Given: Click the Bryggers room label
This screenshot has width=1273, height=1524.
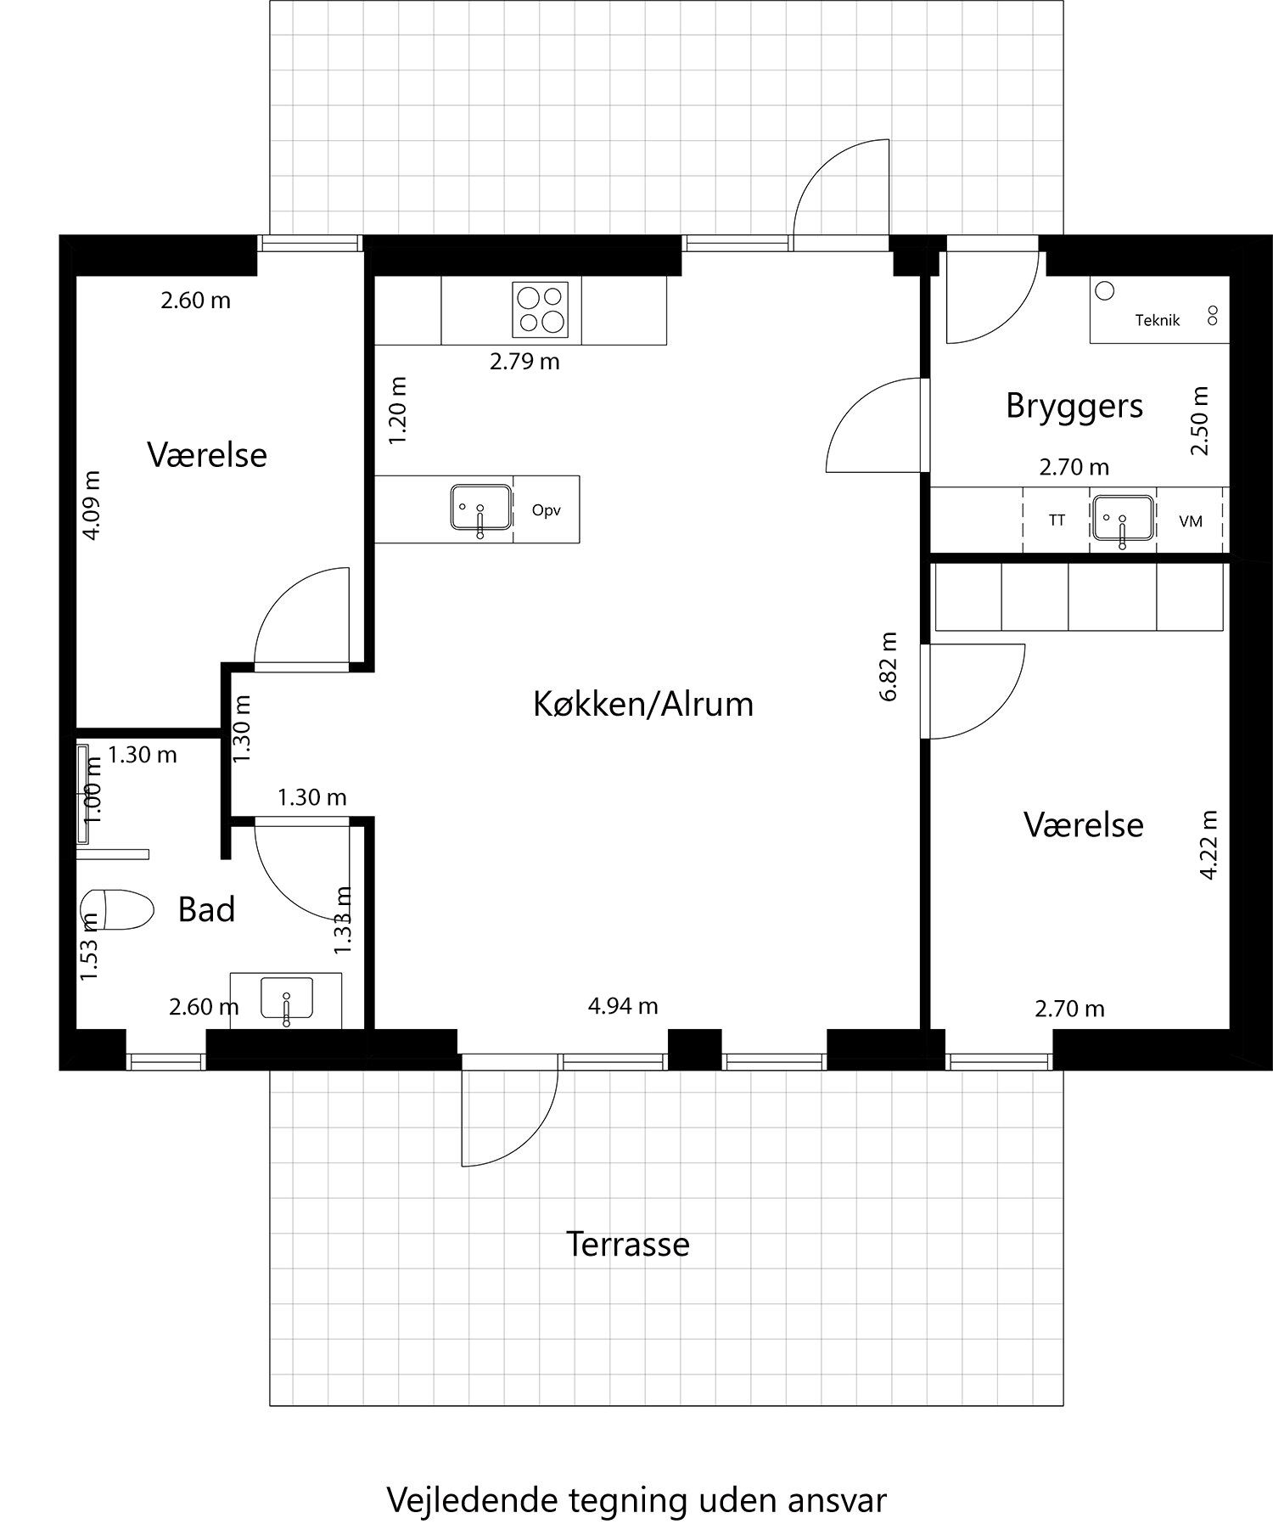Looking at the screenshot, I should pos(1074,406).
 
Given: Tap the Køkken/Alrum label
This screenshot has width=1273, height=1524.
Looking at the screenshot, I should pos(643,704).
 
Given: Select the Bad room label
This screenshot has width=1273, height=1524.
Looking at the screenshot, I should pos(206,909).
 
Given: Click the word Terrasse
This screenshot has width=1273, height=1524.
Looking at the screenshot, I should pos(627,1244).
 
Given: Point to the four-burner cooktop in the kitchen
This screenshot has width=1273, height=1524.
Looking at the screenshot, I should pos(540,309).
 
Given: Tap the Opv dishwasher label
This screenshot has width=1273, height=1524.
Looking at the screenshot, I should pos(546,510).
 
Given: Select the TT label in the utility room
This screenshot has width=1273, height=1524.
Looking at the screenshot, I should pos(1057,520).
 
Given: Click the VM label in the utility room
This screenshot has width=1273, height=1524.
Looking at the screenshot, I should pos(1191,521).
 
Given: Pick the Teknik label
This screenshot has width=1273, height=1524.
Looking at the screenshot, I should pos(1158,320).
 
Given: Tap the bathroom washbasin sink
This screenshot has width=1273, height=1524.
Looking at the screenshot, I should pos(287,998).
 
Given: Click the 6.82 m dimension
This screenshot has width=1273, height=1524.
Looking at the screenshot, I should pos(888,666).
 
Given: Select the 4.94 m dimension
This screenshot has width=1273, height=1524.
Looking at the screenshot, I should pos(623,1006).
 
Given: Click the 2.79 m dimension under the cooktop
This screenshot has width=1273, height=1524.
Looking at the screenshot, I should pos(524,362).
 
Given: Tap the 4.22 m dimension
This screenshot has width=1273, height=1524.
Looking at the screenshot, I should pos(1209,844).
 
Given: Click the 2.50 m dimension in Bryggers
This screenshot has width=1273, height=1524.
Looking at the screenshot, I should pos(1198,420).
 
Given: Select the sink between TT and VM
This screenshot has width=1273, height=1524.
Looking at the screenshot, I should pos(1123,519).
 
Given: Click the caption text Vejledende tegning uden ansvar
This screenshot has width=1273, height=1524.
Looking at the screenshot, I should pos(636,1476).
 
